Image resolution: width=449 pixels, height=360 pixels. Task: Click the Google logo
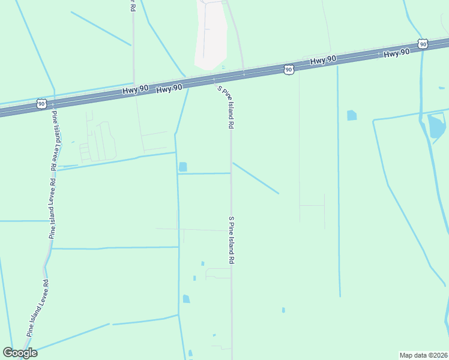pos(20,352)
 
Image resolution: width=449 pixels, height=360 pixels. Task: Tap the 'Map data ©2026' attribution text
pos(423,355)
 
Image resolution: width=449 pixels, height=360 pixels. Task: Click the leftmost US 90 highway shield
pos(41,104)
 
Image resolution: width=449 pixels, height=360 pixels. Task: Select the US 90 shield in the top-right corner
pos(423,44)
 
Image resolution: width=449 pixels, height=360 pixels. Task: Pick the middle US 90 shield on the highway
pos(289,70)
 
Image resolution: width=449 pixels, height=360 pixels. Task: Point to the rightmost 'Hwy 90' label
pos(396,53)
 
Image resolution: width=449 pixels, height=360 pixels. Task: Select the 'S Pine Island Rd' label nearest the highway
pos(225,107)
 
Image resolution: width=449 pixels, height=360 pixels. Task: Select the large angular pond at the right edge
pos(436,126)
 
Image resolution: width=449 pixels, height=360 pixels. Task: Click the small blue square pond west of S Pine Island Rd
pos(183,166)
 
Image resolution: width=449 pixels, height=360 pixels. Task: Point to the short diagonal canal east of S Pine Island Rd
pos(256,178)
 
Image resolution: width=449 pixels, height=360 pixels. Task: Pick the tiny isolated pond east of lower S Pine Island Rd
pos(283,310)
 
